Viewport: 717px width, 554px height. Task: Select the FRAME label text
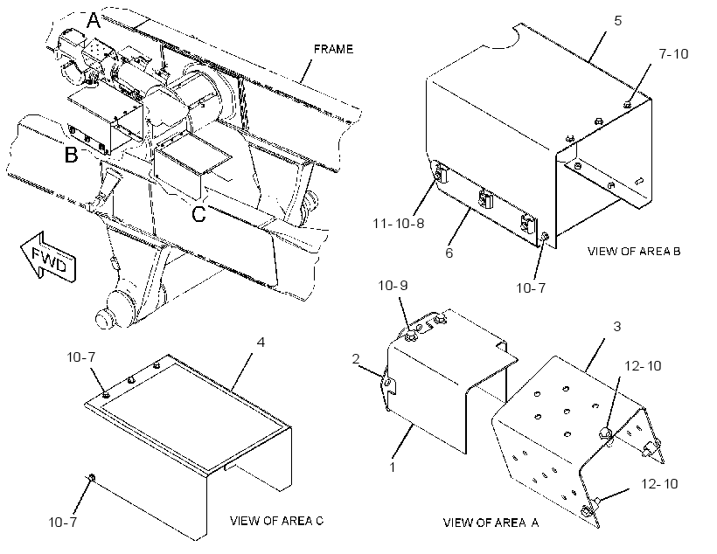pyautogui.click(x=333, y=49)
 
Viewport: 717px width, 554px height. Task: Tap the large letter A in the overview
pyautogui.click(x=94, y=21)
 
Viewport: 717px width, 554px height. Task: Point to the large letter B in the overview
pyautogui.click(x=72, y=154)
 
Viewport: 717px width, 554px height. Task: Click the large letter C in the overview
pyautogui.click(x=198, y=214)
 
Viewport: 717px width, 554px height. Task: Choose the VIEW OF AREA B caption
pyautogui.click(x=634, y=251)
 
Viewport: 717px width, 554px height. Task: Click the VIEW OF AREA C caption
pyautogui.click(x=276, y=521)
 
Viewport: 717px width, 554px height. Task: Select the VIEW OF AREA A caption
pyautogui.click(x=491, y=523)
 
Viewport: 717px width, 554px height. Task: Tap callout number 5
pyautogui.click(x=618, y=21)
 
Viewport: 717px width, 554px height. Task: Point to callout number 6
pyautogui.click(x=449, y=253)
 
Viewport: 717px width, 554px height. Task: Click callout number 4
pyautogui.click(x=261, y=342)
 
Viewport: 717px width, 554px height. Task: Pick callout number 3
pyautogui.click(x=616, y=326)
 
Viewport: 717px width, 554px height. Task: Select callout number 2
pyautogui.click(x=356, y=359)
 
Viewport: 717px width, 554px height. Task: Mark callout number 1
pyautogui.click(x=392, y=467)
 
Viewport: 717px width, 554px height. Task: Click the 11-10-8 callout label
pyautogui.click(x=398, y=224)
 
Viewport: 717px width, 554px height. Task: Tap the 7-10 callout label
pyautogui.click(x=673, y=53)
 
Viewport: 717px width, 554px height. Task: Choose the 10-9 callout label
pyautogui.click(x=393, y=285)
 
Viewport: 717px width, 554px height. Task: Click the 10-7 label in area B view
pyautogui.click(x=531, y=288)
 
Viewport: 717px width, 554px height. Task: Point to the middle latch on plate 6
pyautogui.click(x=484, y=198)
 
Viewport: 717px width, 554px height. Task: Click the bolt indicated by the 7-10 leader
pyautogui.click(x=628, y=105)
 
